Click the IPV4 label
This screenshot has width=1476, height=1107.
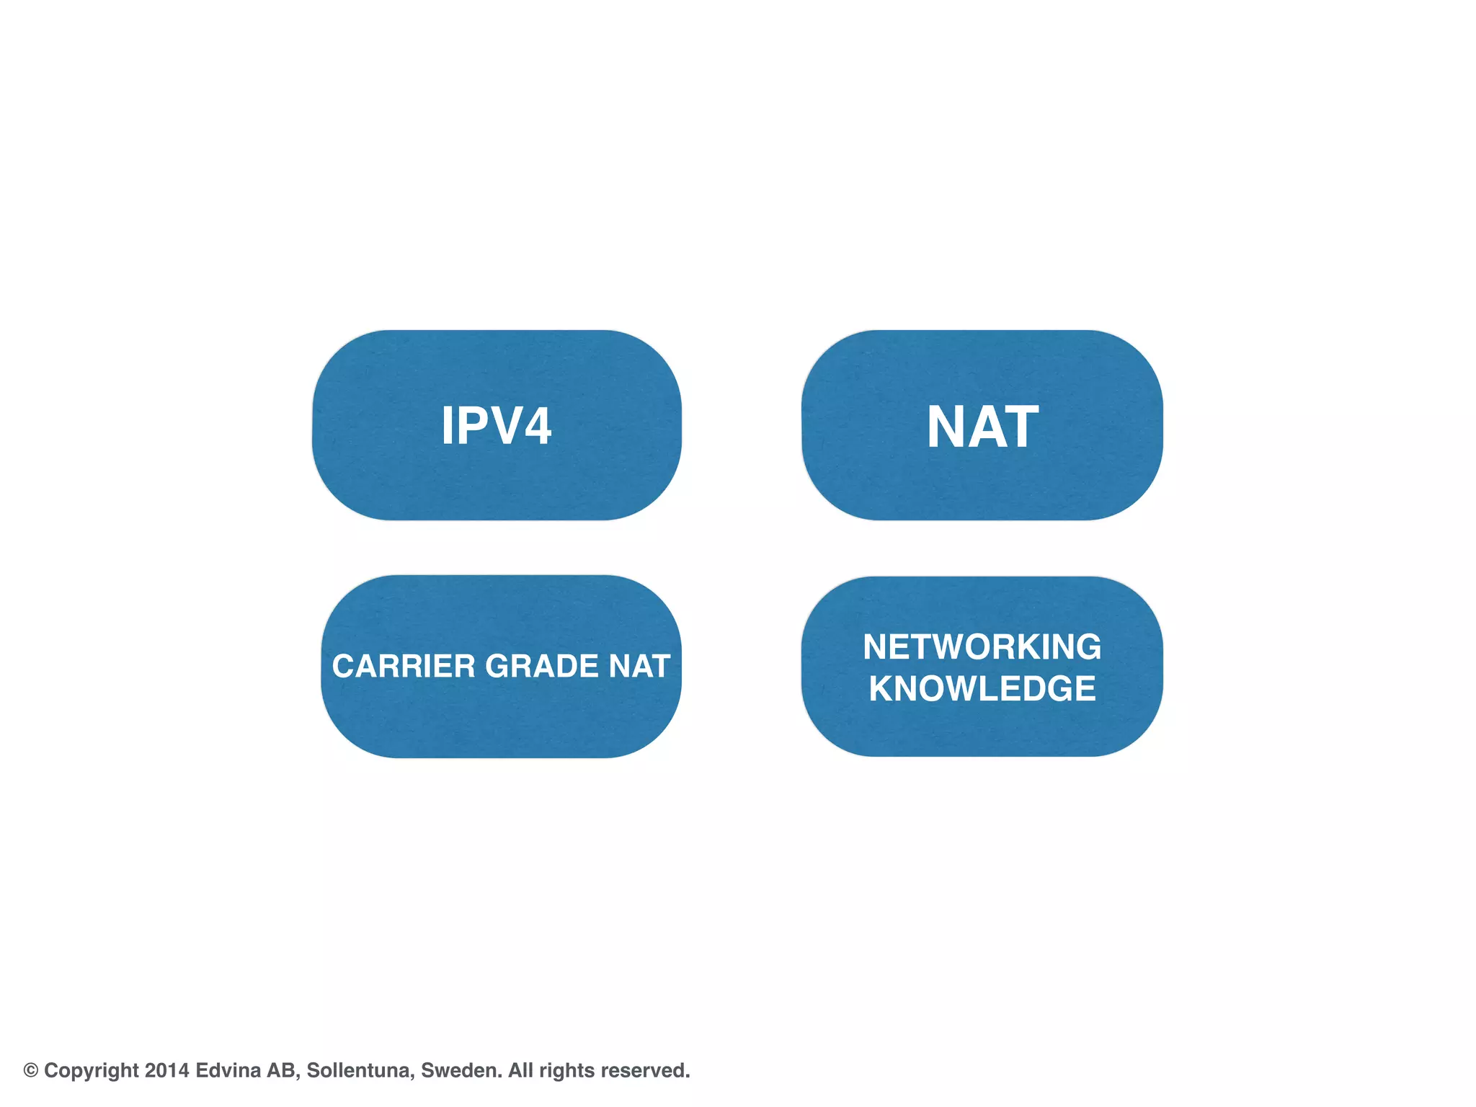tap(496, 426)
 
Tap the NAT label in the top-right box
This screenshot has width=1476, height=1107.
tap(982, 427)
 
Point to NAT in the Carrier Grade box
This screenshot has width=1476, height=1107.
tap(639, 666)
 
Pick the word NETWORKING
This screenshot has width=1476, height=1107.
tap(982, 646)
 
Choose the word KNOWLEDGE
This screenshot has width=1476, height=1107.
tap(982, 688)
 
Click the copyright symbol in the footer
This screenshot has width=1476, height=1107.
tap(31, 1070)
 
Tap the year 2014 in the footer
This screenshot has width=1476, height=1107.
tap(166, 1070)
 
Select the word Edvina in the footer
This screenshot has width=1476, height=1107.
tap(228, 1070)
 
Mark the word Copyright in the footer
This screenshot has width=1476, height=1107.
tap(91, 1070)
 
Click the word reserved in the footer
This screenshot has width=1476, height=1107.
tap(644, 1070)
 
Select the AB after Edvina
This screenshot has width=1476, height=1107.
tap(281, 1070)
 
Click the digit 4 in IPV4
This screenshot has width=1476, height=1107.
tap(537, 426)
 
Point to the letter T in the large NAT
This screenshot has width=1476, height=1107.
tap(1018, 427)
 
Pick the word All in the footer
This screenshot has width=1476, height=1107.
tap(520, 1070)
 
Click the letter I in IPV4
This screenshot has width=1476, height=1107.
tap(447, 426)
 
